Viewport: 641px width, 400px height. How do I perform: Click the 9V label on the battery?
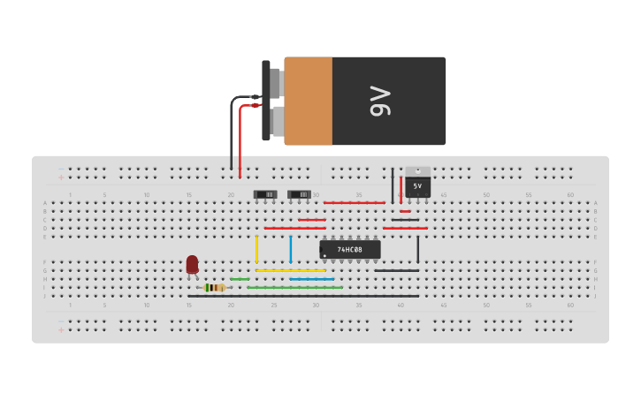click(380, 101)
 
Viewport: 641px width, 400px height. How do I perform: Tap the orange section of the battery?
click(309, 101)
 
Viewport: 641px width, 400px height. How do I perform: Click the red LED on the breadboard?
click(192, 264)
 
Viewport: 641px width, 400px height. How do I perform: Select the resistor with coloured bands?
click(214, 288)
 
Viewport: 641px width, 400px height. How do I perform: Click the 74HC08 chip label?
click(350, 250)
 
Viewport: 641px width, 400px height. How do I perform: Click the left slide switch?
click(265, 194)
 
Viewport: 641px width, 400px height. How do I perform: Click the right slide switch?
click(299, 194)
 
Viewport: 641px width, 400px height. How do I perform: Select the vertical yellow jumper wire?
click(257, 249)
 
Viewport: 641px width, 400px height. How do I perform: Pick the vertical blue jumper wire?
click(291, 249)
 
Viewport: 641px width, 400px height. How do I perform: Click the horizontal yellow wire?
click(291, 270)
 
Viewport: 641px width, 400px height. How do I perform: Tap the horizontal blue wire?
click(312, 279)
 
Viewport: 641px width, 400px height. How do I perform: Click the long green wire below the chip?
click(294, 287)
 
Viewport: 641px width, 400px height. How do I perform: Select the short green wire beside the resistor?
click(240, 279)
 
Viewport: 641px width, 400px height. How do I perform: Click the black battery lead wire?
click(232, 132)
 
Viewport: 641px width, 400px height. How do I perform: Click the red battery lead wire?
click(240, 141)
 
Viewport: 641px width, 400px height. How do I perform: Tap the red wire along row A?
click(354, 203)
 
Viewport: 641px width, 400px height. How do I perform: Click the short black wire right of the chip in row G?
click(397, 270)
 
